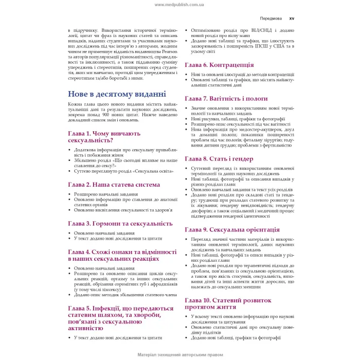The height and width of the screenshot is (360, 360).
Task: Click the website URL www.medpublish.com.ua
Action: [179, 4]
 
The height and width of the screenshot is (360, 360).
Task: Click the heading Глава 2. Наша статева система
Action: [114, 184]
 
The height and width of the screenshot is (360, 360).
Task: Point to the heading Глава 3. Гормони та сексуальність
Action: [120, 223]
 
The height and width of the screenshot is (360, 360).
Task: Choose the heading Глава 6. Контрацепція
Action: [219, 65]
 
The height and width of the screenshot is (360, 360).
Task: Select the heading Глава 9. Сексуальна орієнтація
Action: [232, 229]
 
